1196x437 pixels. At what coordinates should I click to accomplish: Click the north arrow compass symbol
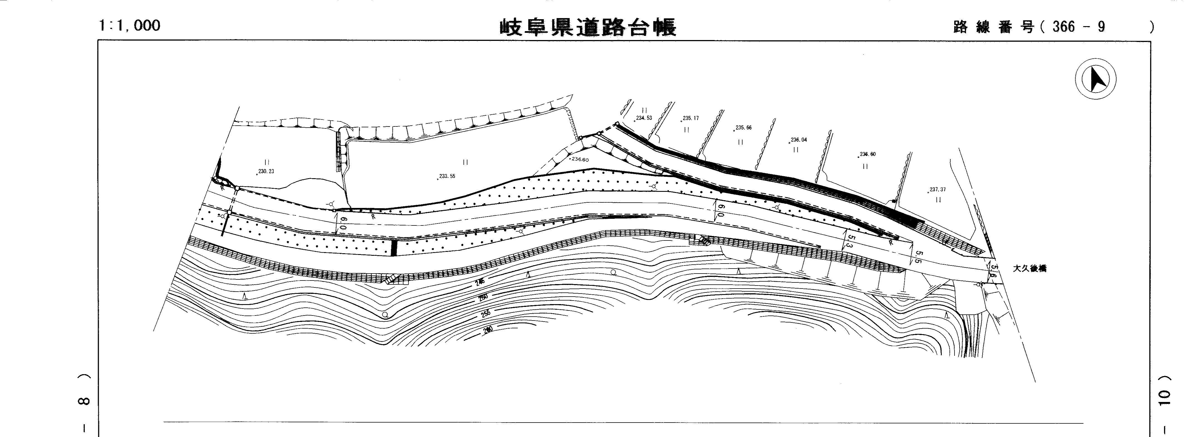click(1096, 79)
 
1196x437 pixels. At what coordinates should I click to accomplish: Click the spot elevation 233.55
click(447, 176)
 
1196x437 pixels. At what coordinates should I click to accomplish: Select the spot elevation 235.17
click(691, 118)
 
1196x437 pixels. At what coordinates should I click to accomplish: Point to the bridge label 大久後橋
click(1029, 269)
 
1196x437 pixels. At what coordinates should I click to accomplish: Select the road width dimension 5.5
click(918, 257)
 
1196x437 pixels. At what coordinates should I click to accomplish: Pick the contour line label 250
click(483, 297)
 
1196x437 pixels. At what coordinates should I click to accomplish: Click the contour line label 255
click(485, 314)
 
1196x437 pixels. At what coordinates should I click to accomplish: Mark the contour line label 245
click(480, 282)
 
